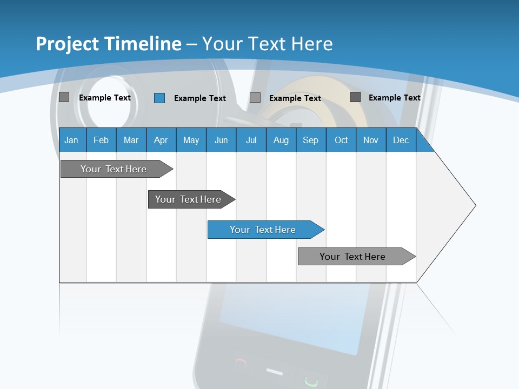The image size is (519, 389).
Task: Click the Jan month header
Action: (x=71, y=140)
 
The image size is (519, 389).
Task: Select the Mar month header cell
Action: (x=131, y=140)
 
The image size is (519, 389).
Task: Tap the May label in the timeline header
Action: (x=191, y=140)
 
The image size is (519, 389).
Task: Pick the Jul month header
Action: (x=251, y=140)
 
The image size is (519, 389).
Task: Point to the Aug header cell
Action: (x=281, y=140)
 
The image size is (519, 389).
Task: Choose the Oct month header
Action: (x=341, y=140)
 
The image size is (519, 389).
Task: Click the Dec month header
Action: (x=401, y=140)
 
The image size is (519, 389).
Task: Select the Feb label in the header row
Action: (x=101, y=140)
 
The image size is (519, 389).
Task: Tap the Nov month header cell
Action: (x=371, y=140)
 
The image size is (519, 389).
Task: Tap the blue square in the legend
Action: (x=159, y=98)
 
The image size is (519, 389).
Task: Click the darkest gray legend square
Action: (x=355, y=97)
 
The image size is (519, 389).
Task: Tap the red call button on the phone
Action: (x=242, y=363)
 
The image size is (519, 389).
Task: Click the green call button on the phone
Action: (x=310, y=381)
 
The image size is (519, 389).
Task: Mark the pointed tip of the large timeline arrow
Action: (x=475, y=205)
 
